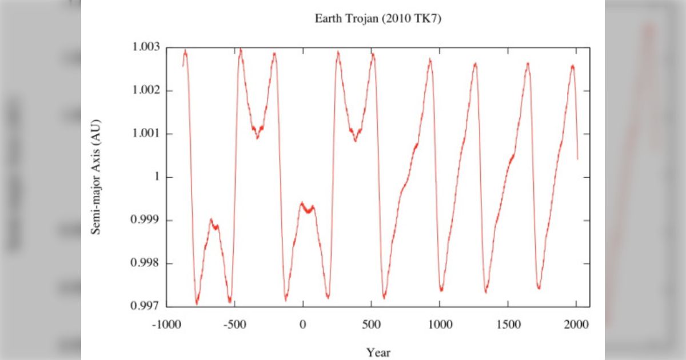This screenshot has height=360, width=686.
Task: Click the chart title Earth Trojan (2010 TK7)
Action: tap(378, 18)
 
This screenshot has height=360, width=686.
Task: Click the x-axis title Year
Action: tap(378, 352)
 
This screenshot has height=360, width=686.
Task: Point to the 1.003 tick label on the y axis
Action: tap(143, 47)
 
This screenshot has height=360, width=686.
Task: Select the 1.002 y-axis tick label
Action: tap(143, 91)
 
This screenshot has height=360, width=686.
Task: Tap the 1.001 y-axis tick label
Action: tap(143, 134)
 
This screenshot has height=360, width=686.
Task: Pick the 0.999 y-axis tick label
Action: tap(143, 221)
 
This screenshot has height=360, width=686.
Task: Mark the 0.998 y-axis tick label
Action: tap(143, 264)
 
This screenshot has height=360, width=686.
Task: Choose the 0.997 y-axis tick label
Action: tap(143, 307)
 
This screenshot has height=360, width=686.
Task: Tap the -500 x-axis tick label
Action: tap(234, 325)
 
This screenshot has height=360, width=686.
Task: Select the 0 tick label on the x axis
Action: tap(302, 325)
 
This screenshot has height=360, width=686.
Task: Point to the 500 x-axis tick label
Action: tap(371, 325)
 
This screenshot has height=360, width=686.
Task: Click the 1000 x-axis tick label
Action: tap(440, 325)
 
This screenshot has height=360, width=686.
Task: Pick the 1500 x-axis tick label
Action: tap(508, 325)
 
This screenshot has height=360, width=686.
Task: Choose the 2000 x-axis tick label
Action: tap(576, 325)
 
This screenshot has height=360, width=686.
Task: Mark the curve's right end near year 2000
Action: tap(577, 158)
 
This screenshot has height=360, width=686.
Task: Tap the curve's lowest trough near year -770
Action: tap(197, 303)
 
